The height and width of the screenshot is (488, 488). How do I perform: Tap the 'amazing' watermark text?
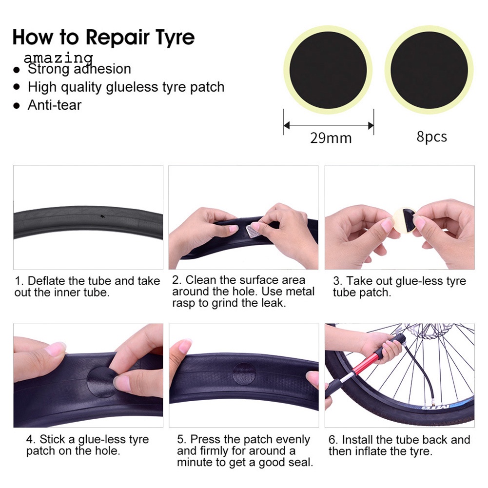[59, 58]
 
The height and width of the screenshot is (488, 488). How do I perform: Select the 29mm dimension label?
[331, 138]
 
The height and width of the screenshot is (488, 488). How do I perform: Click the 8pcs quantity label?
[431, 137]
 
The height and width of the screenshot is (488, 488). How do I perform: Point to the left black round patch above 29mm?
[328, 70]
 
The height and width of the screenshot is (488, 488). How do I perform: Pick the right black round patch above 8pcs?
[429, 70]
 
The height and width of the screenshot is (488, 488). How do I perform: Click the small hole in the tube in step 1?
[101, 216]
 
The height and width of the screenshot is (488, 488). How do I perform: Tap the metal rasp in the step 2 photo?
[252, 231]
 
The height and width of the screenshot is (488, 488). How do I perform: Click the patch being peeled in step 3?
[405, 222]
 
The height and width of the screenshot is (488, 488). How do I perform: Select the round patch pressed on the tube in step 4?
[101, 382]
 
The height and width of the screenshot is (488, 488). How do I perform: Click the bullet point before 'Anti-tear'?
[17, 105]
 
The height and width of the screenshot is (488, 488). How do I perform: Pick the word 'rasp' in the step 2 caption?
[184, 303]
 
